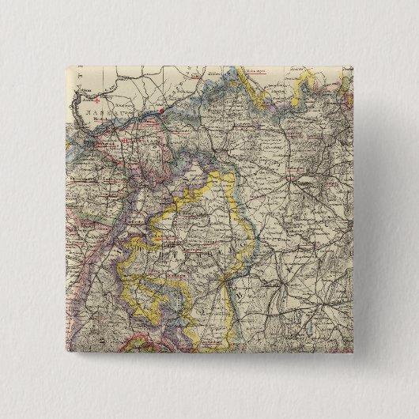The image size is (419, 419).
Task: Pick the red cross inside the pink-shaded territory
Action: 127,141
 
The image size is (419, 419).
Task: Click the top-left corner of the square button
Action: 61,60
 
